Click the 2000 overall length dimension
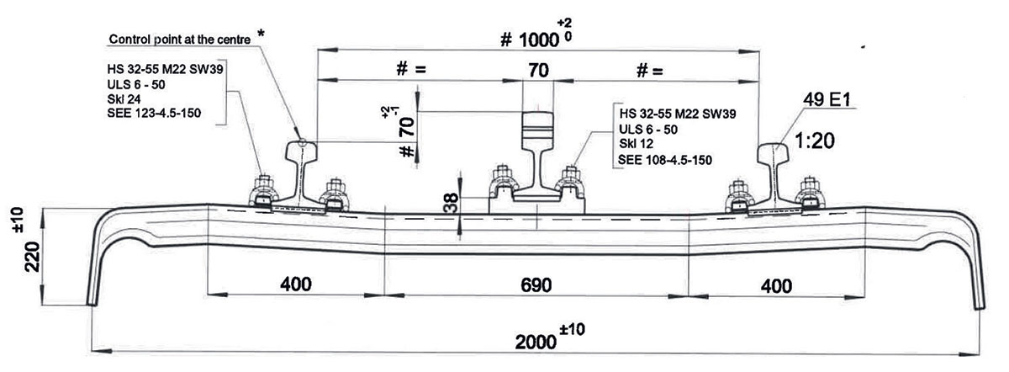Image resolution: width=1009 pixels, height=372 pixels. coord(536,343)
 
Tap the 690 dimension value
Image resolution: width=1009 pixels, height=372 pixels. coord(536,285)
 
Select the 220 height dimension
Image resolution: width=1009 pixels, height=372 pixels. coord(32,257)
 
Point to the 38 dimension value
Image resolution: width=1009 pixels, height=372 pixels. coord(451,203)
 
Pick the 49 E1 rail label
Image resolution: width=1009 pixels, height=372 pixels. coord(827,99)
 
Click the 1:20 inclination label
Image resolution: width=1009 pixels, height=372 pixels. coord(815,141)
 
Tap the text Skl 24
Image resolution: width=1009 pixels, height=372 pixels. coord(124,99)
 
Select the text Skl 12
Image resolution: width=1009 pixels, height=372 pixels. coord(636,144)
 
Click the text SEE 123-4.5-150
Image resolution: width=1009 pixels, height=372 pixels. coord(154,113)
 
